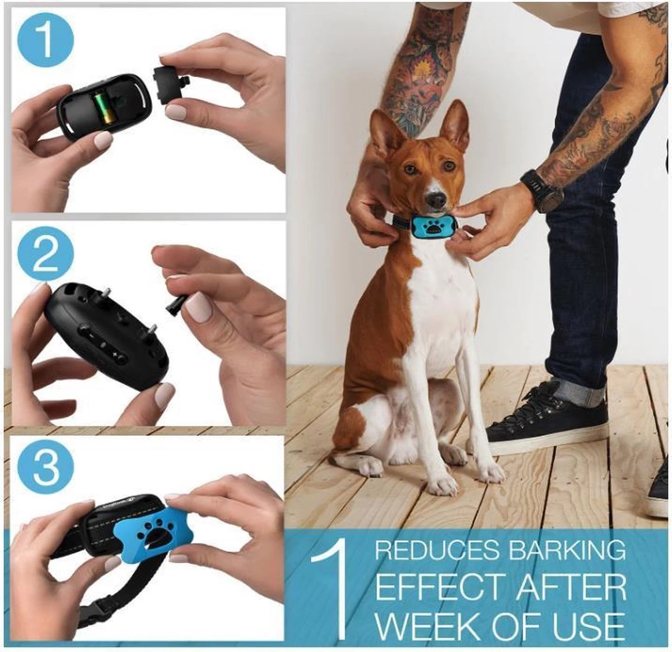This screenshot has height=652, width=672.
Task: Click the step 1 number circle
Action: pos(46,43)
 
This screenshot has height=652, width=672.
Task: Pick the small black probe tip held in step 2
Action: pos(174,305)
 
